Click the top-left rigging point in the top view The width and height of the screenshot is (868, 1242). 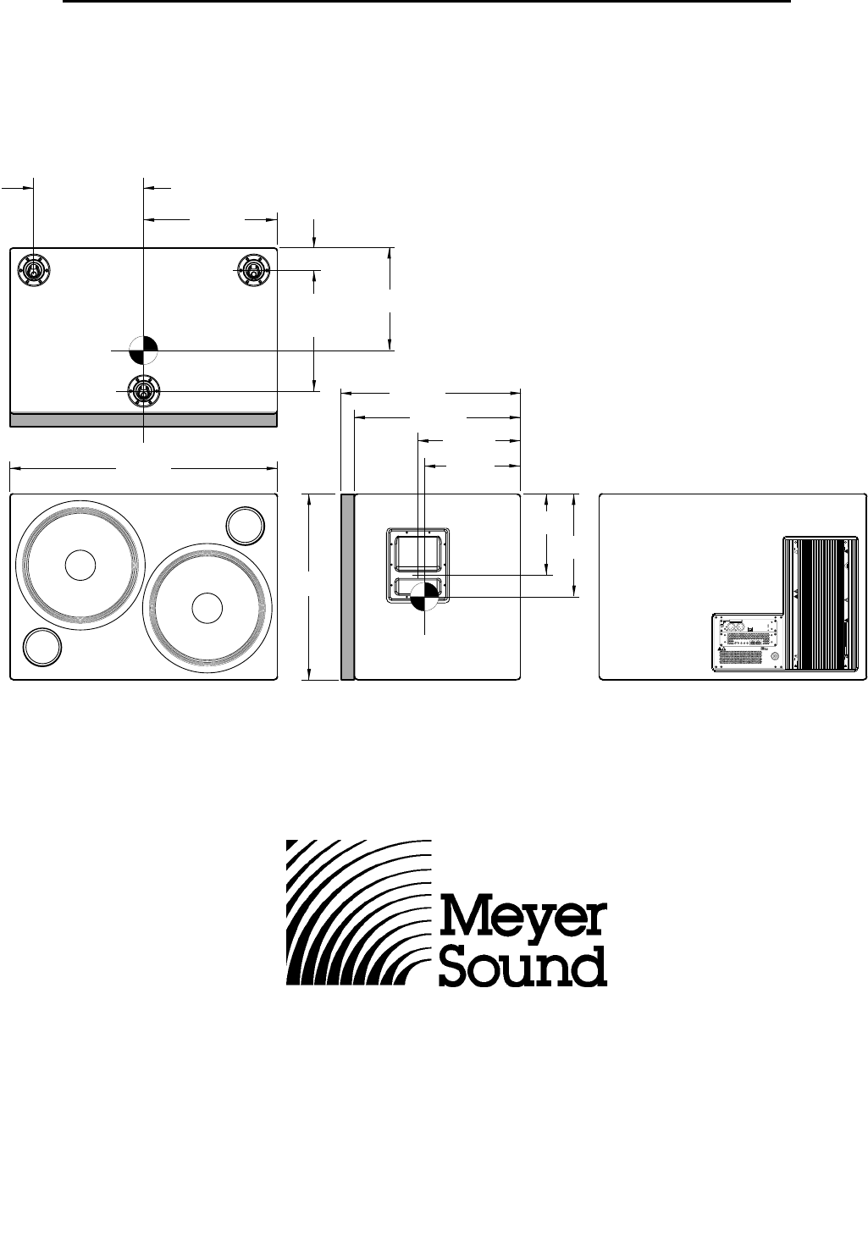[x=33, y=271]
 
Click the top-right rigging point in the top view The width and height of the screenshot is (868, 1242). [x=252, y=271]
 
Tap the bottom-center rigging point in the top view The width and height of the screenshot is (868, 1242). [x=143, y=391]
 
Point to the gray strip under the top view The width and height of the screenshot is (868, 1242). [x=143, y=419]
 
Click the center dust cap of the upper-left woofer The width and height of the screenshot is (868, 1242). [x=80, y=566]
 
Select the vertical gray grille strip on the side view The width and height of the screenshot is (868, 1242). [x=346, y=586]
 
